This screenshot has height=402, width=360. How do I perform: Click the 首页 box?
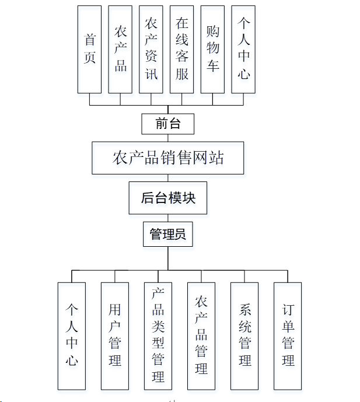89,50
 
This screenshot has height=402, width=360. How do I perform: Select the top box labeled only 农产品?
120,50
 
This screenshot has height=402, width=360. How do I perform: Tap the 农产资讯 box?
151,50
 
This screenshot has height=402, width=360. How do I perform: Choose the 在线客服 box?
182,50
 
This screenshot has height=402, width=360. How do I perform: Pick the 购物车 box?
212,50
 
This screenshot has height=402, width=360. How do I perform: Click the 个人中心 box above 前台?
243,50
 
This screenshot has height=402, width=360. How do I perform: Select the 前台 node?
167,123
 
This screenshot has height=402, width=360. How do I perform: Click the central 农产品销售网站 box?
168,158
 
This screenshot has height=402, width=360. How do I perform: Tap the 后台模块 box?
168,198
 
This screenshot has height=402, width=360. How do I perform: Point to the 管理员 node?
167,235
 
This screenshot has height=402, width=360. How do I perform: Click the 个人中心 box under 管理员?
72,335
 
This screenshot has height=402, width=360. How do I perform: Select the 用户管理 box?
115,335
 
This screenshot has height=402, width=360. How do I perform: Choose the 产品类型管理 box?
158,335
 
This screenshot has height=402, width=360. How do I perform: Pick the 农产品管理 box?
201,335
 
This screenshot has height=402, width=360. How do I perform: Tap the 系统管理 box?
244,335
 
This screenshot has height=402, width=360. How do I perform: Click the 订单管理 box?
288,335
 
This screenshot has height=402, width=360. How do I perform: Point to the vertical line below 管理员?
168,258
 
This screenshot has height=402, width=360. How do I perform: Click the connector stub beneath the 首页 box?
89,99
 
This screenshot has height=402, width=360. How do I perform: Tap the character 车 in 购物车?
212,65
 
